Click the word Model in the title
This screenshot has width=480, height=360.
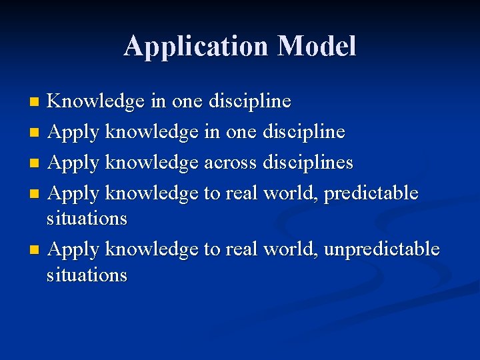[317, 46]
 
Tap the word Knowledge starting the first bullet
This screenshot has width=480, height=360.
[96, 101]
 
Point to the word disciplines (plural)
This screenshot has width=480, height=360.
[308, 162]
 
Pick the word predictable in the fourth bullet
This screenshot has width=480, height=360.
[371, 193]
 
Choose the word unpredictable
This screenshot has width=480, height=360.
[382, 249]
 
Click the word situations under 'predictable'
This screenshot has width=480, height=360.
[87, 218]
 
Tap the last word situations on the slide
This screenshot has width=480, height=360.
[87, 274]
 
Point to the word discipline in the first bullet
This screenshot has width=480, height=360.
[250, 101]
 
